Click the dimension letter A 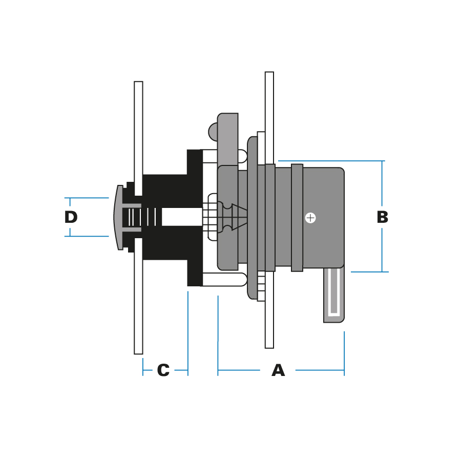[x=278, y=370]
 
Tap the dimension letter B [x=382, y=217]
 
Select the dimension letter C [x=163, y=370]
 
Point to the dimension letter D [x=71, y=217]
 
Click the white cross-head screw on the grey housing [x=310, y=218]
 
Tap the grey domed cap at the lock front [x=119, y=217]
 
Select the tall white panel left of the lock [x=138, y=128]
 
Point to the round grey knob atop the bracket [x=213, y=132]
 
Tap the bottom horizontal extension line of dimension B [x=369, y=271]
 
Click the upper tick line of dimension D [x=87, y=198]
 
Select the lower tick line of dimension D [x=87, y=236]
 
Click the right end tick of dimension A [x=344, y=353]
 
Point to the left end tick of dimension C [x=143, y=367]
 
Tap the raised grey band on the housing [x=297, y=217]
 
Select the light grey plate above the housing [x=228, y=138]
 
